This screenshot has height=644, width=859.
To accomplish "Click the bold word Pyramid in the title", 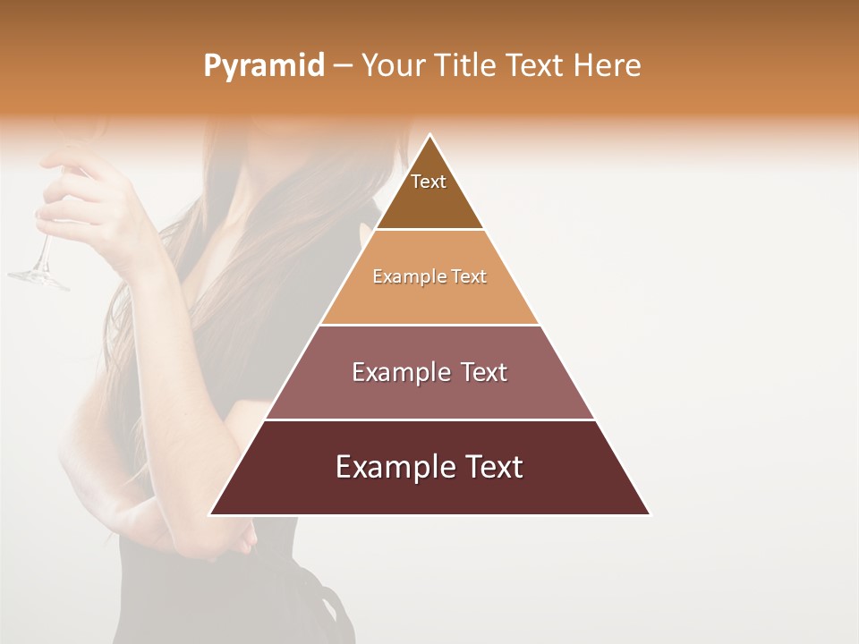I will pos(263,66).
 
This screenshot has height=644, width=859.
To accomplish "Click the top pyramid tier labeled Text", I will pos(429,192).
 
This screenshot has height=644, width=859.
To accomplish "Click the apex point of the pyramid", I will pos(429,136).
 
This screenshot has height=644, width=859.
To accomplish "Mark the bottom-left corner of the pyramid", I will pos(211,514).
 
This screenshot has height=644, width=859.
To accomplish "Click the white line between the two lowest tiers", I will pos(429,419).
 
